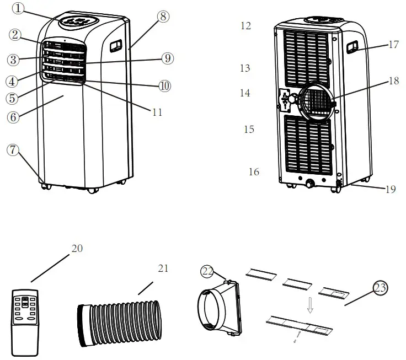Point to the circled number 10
tap(164, 85)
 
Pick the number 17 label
tap(393, 45)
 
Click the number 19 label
tap(390, 189)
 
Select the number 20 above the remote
tap(77, 248)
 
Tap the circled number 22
tap(207, 271)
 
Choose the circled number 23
tap(380, 288)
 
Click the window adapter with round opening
tap(221, 309)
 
